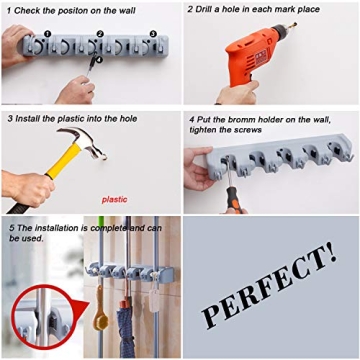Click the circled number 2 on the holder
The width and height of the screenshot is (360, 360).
click(x=100, y=33)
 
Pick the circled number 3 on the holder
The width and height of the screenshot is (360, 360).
click(x=152, y=33)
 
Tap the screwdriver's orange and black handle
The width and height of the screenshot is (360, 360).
click(x=233, y=201)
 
